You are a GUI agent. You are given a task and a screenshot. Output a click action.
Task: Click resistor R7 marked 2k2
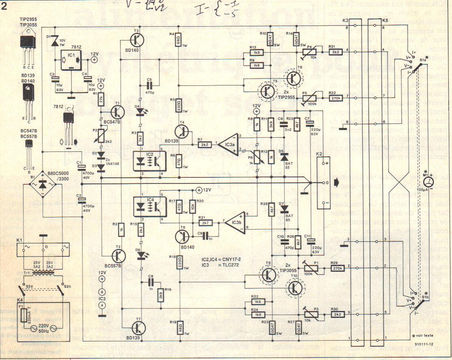click(x=204, y=145)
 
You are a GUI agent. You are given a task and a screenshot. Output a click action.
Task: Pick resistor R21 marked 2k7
click(x=205, y=222)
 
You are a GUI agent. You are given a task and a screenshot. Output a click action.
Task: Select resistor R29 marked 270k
click(x=337, y=267)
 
